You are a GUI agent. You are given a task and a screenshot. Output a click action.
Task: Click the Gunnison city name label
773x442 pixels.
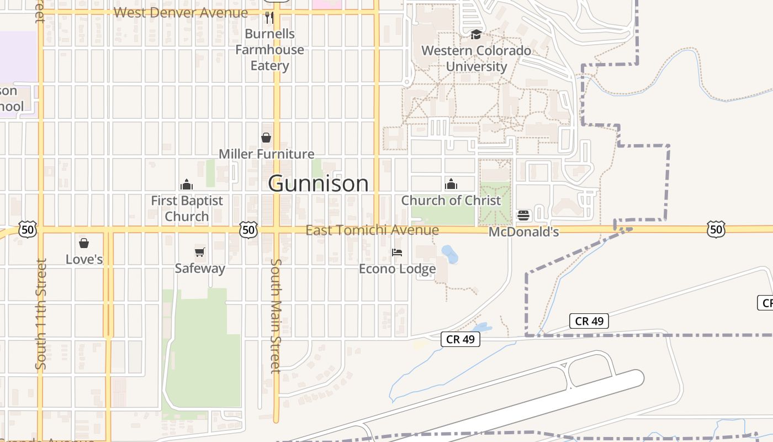coord(318,183)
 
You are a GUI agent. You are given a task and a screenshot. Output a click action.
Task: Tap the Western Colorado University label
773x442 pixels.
coord(476,59)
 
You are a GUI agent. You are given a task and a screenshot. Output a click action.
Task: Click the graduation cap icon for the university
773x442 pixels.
coord(476,35)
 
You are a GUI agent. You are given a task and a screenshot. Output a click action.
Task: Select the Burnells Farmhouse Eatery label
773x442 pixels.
coord(269,50)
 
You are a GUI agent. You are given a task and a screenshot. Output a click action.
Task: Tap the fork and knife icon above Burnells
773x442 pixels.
coord(269,18)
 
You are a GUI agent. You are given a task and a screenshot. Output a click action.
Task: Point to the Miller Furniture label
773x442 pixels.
coord(267,154)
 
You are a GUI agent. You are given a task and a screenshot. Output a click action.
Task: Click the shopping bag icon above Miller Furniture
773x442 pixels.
coord(266,138)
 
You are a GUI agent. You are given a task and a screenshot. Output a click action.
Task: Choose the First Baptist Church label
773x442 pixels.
coord(187,208)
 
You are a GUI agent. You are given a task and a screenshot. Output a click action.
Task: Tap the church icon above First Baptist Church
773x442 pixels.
coord(187,185)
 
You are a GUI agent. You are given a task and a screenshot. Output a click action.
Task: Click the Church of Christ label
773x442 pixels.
coord(451,200)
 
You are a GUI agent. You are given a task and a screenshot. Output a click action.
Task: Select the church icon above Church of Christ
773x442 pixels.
coord(451,184)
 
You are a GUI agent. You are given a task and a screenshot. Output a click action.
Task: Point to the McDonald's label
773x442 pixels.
coord(523,231)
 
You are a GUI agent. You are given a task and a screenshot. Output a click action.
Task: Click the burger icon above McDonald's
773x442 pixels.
coord(523,215)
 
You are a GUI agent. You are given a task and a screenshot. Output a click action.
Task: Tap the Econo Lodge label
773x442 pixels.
coord(397,269)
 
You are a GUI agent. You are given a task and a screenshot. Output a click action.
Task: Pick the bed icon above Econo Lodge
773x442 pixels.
coord(397,253)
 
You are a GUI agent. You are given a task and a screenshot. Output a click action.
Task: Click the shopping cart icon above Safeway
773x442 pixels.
coord(200,252)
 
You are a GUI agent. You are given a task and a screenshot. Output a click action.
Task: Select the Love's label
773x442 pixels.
coord(84,259)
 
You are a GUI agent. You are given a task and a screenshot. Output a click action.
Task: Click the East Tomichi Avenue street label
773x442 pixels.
coord(372,230)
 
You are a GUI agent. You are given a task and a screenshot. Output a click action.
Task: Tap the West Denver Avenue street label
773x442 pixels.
coord(181,13)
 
